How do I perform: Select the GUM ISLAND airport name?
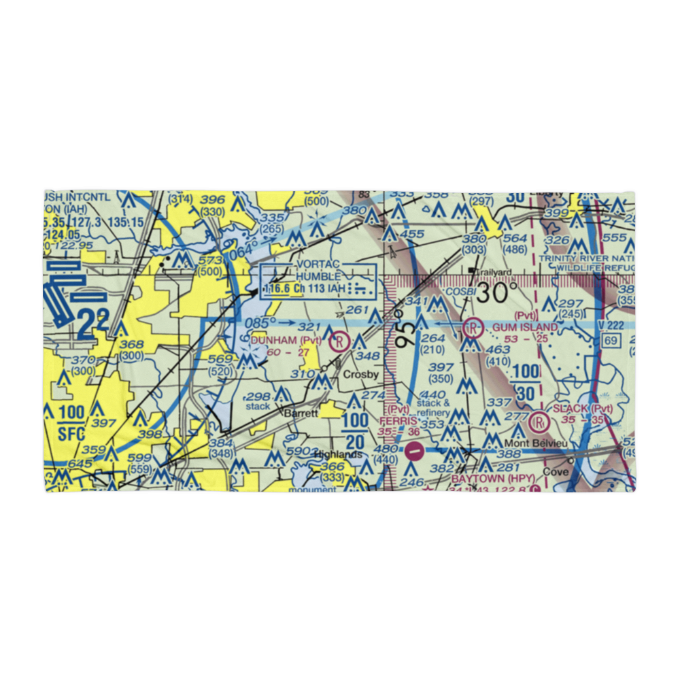[525, 327]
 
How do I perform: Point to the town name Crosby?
[359, 375]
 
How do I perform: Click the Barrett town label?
[301, 413]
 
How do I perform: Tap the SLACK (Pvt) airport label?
[583, 409]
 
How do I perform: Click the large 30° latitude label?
[500, 293]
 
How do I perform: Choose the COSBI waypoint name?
[460, 292]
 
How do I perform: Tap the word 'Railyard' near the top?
[494, 271]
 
